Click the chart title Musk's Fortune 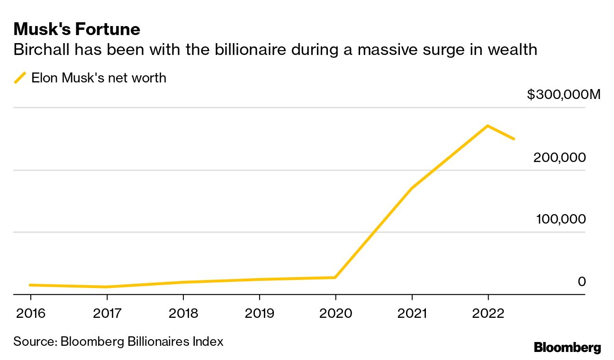pos(77,29)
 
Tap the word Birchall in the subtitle pos(40,50)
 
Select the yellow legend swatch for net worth pos(20,78)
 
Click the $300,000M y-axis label pos(563,95)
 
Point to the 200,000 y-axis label pos(560,157)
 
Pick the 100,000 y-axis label pos(560,219)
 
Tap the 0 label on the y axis pos(581,281)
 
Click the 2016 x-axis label pos(30,313)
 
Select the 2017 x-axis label pos(107,313)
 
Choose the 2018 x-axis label pos(183,313)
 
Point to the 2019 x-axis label pos(259,313)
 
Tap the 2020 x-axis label pos(335,313)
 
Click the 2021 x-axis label pos(412,313)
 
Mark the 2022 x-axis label pos(488,313)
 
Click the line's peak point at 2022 pos(488,126)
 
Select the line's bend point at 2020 pos(335,277)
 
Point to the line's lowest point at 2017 pos(107,287)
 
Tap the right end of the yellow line pos(514,139)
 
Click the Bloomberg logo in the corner pos(567,348)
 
